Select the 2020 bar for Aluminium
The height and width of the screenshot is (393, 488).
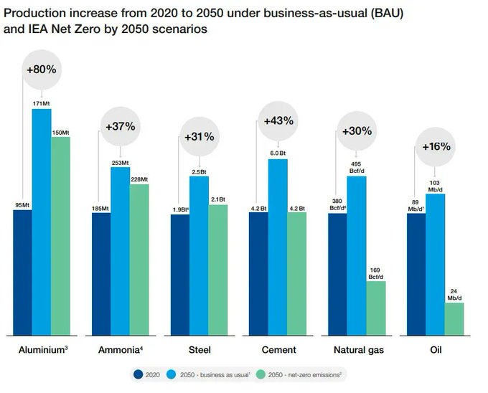[22, 272]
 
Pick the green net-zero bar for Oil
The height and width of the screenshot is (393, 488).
[454, 318]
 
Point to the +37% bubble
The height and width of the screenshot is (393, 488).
[120, 126]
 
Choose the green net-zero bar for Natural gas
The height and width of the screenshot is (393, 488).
[376, 308]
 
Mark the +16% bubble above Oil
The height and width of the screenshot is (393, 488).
[436, 146]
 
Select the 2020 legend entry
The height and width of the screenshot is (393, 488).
[146, 374]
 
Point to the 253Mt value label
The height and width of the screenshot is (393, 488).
[120, 163]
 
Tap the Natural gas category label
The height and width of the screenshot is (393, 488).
[358, 351]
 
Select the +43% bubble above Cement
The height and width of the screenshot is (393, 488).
[278, 120]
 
